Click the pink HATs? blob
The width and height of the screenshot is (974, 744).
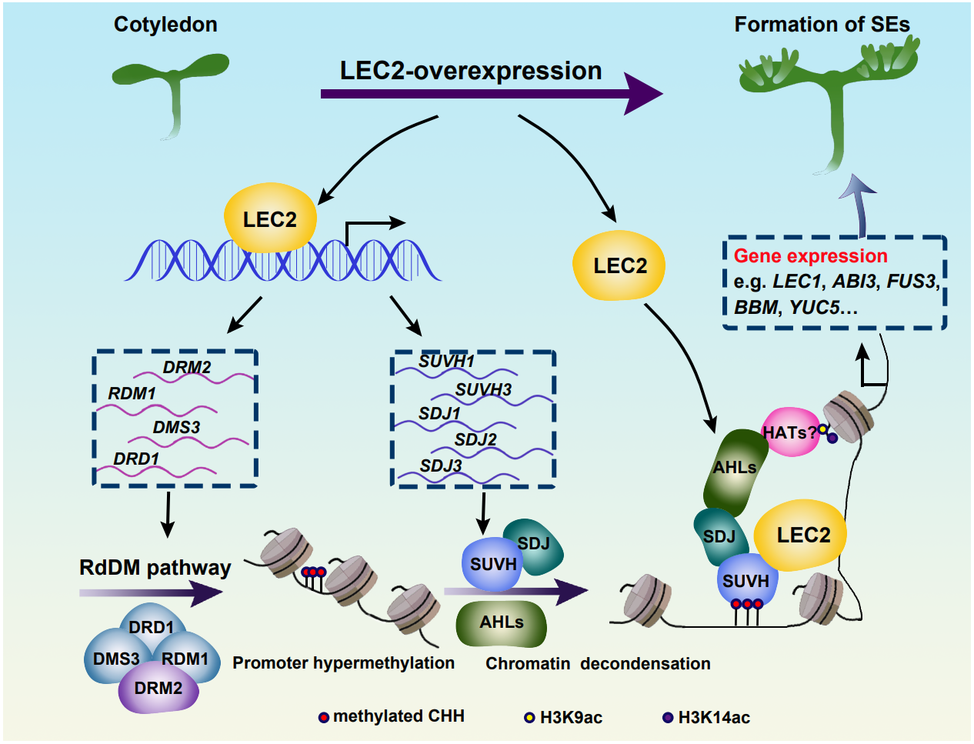(x=788, y=432)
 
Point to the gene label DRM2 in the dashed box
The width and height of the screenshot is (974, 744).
(x=187, y=367)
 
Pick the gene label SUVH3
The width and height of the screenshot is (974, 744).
(x=483, y=390)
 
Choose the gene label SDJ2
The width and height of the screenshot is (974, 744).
(x=475, y=439)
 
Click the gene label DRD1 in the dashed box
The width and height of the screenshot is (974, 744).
(x=136, y=459)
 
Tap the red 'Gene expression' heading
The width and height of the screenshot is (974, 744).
(x=810, y=256)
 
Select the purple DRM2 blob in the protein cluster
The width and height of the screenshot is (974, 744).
(x=158, y=689)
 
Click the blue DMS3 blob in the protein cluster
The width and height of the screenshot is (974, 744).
(x=114, y=659)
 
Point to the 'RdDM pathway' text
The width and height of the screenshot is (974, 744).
(x=155, y=568)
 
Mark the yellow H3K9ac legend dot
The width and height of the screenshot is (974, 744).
(x=529, y=718)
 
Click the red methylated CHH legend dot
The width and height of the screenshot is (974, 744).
(x=324, y=717)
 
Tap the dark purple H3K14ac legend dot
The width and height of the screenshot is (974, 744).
(x=668, y=718)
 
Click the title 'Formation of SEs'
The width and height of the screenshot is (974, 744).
(x=822, y=25)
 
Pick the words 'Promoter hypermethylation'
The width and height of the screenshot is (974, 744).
(x=343, y=663)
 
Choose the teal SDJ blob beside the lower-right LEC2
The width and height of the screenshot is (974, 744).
(x=719, y=535)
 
